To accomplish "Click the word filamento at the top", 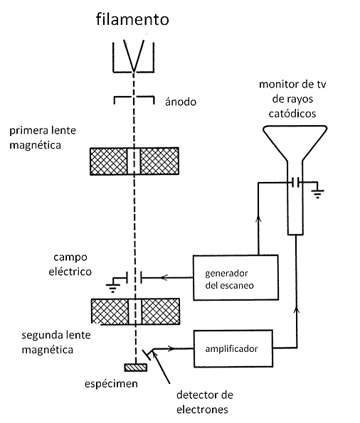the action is click(x=132, y=19).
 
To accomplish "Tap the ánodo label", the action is click(x=181, y=102).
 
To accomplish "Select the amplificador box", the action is click(x=233, y=348).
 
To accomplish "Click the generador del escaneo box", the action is click(x=235, y=277).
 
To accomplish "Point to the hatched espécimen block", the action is click(x=136, y=368).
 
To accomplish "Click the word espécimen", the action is click(x=111, y=384).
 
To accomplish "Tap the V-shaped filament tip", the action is click(x=134, y=71).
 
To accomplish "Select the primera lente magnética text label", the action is click(x=43, y=138).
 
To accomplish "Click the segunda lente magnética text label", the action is click(x=56, y=342).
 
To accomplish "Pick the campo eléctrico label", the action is click(x=70, y=264).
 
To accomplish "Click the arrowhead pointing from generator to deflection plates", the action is click(x=164, y=277).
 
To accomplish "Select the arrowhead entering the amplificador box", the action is click(x=171, y=348).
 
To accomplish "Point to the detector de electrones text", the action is click(x=205, y=402).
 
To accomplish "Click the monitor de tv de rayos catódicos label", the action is click(x=292, y=99).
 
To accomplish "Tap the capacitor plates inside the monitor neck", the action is click(x=295, y=183).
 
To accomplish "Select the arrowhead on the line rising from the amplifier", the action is click(x=297, y=310).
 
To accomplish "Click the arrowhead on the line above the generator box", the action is click(x=258, y=219).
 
